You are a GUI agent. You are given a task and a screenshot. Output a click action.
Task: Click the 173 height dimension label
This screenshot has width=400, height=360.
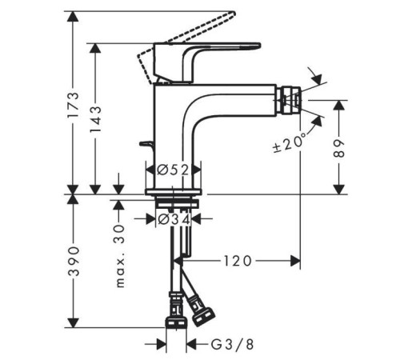tap(73, 105)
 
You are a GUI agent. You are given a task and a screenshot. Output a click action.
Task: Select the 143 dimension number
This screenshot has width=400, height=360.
tap(95, 119)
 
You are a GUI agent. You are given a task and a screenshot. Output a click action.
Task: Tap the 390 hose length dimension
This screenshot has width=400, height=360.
tap(74, 262)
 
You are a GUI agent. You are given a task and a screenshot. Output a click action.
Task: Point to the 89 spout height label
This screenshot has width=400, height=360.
tap(339, 148)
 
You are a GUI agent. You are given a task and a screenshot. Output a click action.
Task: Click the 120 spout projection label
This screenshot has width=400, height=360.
tap(238, 261)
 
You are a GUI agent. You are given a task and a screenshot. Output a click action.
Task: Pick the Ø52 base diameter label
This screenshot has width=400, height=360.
tap(173, 170)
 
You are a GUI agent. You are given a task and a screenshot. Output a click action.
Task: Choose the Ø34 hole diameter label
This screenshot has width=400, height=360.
tap(174, 219)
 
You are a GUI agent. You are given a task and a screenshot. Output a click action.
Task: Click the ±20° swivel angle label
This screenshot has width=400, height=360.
tap(290, 142)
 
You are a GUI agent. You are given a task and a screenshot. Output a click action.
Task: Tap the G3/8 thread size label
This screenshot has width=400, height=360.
tap(232, 345)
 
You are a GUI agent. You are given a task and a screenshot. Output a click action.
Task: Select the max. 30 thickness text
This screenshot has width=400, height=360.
tap(119, 256)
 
